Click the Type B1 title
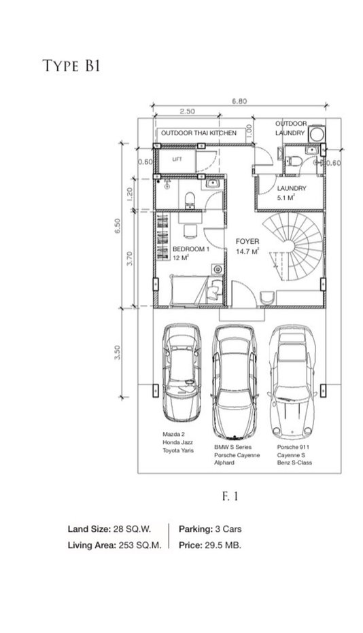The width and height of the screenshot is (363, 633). (x=71, y=65)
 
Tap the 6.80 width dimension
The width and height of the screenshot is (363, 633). (x=239, y=101)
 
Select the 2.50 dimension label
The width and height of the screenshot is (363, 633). (x=187, y=111)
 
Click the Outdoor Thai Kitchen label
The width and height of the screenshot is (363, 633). (x=198, y=133)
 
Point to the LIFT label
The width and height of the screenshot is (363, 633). (x=177, y=160)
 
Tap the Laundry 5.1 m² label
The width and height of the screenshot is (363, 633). (x=292, y=193)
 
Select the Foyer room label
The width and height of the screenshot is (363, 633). (x=247, y=241)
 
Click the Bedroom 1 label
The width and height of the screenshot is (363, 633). (x=191, y=249)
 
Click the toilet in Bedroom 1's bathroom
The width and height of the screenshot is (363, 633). (x=189, y=200)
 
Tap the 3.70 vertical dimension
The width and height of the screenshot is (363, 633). (x=129, y=258)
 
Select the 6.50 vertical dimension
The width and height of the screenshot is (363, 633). (x=117, y=226)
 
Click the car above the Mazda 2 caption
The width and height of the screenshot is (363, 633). (x=181, y=372)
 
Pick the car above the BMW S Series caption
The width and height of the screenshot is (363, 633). (x=235, y=382)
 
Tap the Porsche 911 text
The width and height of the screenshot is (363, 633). (x=293, y=448)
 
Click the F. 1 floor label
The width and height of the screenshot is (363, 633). (x=230, y=496)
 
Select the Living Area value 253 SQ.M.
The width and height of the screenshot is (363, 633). (x=140, y=545)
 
